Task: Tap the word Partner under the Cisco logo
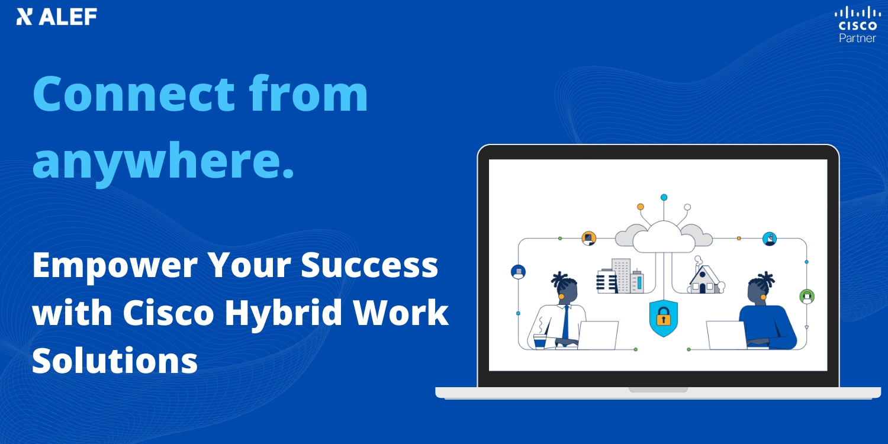[x=857, y=38]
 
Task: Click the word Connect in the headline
[x=134, y=94]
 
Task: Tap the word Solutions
[x=115, y=360]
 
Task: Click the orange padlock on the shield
[x=663, y=317]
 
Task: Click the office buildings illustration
[x=620, y=276]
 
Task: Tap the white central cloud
[x=663, y=237]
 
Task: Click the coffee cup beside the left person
[x=539, y=342]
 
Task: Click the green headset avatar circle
[x=807, y=297]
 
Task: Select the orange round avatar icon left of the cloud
[x=588, y=238]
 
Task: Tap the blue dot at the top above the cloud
[x=664, y=197]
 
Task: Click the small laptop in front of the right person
[x=726, y=336]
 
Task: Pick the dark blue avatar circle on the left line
[x=518, y=272]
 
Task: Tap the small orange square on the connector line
[x=739, y=238]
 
